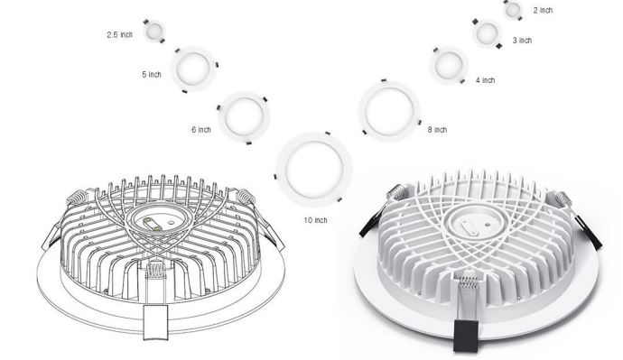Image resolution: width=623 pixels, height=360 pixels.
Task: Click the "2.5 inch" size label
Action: [x=119, y=35]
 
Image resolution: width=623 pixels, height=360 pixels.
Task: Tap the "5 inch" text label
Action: [x=152, y=74]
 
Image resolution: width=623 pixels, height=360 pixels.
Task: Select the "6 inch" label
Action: [x=201, y=129]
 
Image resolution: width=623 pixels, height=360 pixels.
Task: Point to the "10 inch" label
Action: [x=315, y=220]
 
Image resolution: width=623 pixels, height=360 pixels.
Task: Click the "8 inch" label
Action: [x=437, y=129]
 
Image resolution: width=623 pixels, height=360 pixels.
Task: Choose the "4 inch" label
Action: [x=486, y=80]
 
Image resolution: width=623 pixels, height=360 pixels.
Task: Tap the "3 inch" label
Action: [x=522, y=40]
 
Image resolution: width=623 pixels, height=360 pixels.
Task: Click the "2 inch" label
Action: [x=543, y=10]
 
